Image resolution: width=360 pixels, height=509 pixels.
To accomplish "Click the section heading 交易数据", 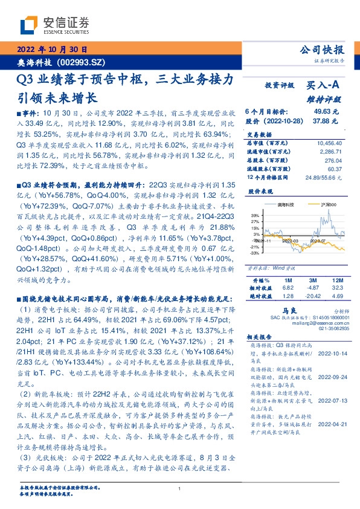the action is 257,134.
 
